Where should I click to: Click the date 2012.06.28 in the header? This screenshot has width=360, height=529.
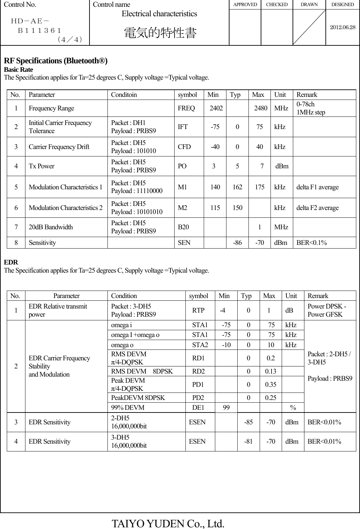[343, 27]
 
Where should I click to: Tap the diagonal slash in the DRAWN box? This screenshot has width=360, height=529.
[309, 27]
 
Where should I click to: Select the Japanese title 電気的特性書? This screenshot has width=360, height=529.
[160, 33]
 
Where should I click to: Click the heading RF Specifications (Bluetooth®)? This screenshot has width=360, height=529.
[56, 61]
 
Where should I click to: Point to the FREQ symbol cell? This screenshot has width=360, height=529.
[186, 108]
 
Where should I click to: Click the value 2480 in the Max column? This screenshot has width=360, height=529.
[261, 108]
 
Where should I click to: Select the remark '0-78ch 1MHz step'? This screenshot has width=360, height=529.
[311, 108]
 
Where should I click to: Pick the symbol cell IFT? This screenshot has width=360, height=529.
[183, 127]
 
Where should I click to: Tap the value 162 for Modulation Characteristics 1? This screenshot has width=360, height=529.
[237, 187]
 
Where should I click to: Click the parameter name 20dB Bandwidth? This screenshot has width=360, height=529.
[51, 227]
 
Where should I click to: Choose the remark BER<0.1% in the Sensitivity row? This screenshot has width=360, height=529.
[312, 242]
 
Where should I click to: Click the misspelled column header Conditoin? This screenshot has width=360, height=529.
[124, 95]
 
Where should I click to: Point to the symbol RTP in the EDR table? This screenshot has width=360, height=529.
[198, 310]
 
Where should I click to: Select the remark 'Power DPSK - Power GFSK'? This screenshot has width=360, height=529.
[327, 310]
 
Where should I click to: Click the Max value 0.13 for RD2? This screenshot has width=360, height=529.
[270, 371]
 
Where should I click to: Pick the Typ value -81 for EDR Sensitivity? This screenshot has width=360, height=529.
[248, 441]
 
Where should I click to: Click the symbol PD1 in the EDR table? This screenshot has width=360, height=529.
[198, 384]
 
